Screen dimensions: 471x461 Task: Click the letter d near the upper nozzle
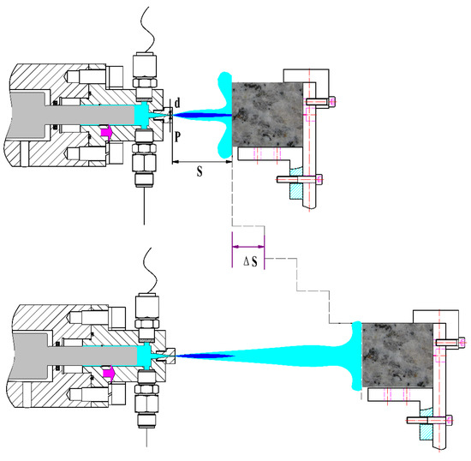[x=177, y=103]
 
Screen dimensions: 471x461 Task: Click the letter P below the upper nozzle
[x=177, y=137]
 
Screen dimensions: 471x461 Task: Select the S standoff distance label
[x=200, y=171]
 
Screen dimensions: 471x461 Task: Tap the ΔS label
[x=250, y=261]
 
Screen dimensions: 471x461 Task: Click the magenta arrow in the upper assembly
[x=106, y=132]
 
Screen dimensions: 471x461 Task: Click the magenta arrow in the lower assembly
[x=109, y=374]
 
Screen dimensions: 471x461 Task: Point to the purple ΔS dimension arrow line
[x=248, y=247]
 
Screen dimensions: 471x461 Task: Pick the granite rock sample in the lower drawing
[x=397, y=355]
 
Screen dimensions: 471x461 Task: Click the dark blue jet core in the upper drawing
[x=202, y=115]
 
